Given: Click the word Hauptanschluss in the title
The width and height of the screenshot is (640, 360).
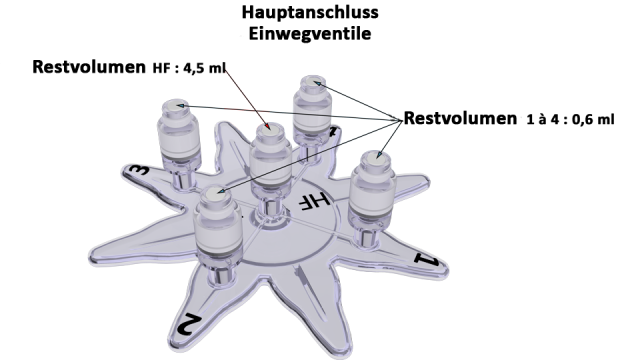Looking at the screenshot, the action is (x=310, y=13).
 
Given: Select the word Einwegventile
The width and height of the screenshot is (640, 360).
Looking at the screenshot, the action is (x=310, y=33).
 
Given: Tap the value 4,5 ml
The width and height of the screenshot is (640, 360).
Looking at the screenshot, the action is (x=204, y=68).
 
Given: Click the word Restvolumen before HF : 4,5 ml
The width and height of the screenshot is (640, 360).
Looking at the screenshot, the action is (x=89, y=67).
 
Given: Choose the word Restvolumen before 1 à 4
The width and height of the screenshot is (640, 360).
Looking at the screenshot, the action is (x=460, y=118).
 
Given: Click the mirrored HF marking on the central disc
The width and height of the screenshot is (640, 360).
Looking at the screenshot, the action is (x=315, y=200).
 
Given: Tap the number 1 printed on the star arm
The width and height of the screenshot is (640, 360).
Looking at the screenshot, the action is (x=427, y=259).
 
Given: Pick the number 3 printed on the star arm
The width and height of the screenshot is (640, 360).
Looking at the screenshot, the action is (x=137, y=170).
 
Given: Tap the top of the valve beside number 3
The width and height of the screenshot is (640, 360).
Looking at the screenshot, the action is (x=176, y=105).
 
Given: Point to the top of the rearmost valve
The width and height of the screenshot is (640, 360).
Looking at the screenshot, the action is (x=313, y=81).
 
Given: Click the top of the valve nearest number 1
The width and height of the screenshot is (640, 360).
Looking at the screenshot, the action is (x=374, y=158).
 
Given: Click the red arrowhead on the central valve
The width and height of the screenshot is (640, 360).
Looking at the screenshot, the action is (x=268, y=126).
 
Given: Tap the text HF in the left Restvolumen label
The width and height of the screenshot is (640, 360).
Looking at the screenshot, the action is (x=162, y=68).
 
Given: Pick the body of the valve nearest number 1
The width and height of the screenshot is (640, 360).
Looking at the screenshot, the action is (x=371, y=192).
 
